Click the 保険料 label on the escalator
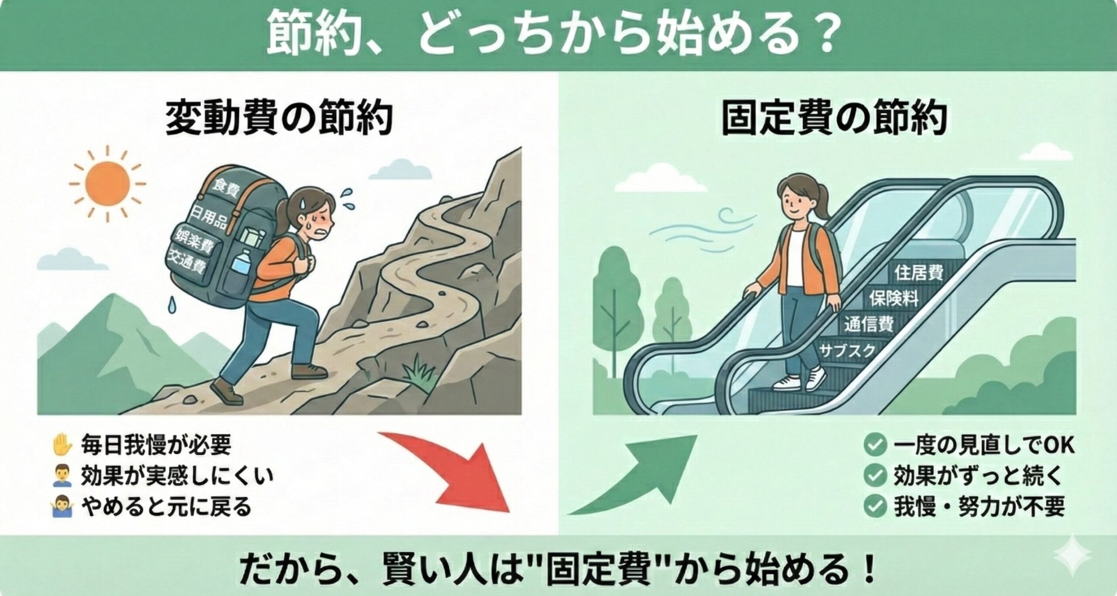[x=893, y=298]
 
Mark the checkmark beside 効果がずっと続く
[x=874, y=476]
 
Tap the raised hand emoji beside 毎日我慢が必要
[x=62, y=444]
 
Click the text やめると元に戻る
[x=166, y=507]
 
